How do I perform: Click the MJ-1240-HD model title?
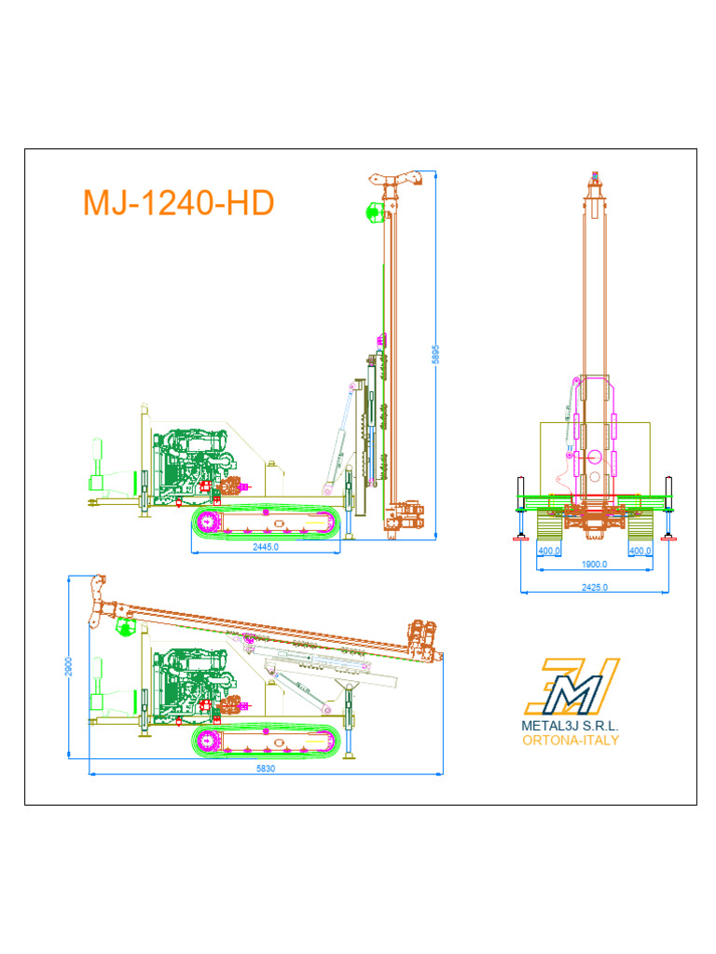(178, 203)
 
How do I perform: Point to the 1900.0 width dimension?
(594, 565)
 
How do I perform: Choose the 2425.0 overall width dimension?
(594, 587)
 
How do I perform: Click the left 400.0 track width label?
(549, 552)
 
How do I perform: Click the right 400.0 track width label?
(640, 552)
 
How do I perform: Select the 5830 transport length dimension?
(265, 769)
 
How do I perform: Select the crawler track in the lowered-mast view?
(265, 742)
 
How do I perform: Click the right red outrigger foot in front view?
(667, 538)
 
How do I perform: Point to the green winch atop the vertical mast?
(375, 212)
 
